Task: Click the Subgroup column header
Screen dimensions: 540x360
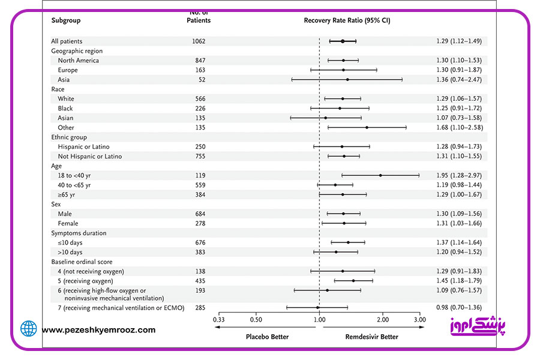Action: (66, 20)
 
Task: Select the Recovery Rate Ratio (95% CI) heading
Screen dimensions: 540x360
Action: (347, 20)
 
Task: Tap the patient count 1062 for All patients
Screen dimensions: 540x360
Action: (199, 41)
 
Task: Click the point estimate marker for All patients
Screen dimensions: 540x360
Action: (343, 41)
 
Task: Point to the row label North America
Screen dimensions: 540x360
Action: (78, 60)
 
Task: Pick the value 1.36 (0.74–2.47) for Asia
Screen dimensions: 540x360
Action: (459, 80)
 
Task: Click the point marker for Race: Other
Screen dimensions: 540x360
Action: (367, 127)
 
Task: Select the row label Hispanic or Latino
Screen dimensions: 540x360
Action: (83, 147)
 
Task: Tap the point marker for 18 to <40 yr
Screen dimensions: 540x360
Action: (380, 175)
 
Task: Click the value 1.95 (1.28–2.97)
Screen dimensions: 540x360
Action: (459, 175)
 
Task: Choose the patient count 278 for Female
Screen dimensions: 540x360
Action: (200, 224)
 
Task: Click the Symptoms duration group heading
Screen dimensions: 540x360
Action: (79, 233)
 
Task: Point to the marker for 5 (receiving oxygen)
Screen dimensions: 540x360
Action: (353, 281)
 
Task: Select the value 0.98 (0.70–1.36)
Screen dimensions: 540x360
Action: (459, 307)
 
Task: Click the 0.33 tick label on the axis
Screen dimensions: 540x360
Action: (218, 320)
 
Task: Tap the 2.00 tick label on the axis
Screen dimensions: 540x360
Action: (383, 320)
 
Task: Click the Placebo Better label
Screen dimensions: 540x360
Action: (267, 337)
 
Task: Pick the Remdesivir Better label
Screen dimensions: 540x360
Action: (371, 337)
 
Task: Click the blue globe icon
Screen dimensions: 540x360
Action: (29, 328)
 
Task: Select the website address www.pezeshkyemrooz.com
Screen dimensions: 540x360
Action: (98, 330)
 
